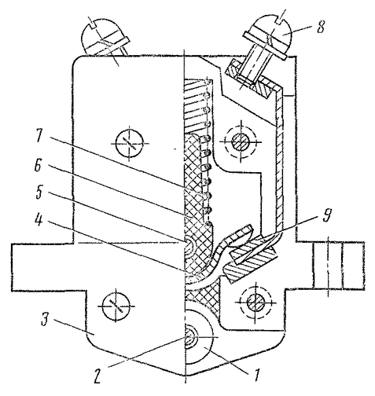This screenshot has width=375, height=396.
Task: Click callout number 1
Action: point(256,376)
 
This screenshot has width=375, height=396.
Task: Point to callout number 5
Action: point(39,192)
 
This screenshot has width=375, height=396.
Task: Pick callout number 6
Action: point(39,166)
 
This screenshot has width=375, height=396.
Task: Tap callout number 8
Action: point(320,27)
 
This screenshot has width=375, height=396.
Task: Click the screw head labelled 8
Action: point(270,39)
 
